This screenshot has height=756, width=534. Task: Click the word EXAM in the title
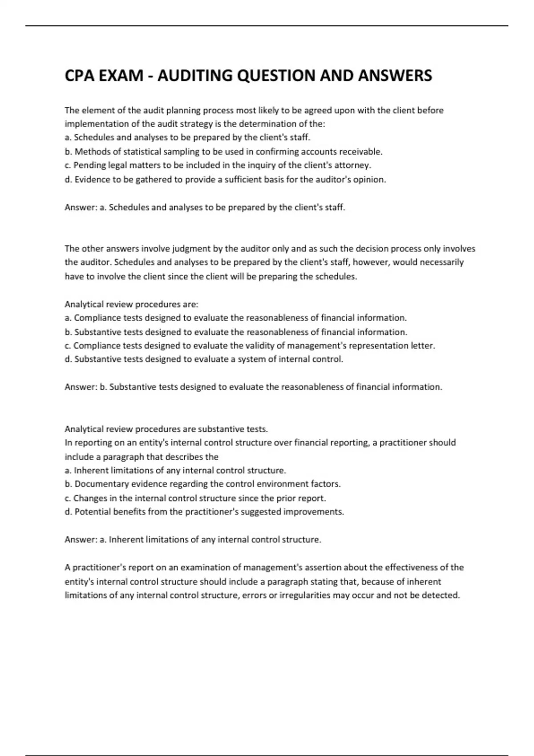coord(121,76)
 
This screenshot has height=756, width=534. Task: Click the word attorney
coord(354,165)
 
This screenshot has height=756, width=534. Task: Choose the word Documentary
coord(98,484)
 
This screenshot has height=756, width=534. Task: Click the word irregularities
coord(304,595)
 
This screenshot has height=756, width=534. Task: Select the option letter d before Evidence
coord(68,180)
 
